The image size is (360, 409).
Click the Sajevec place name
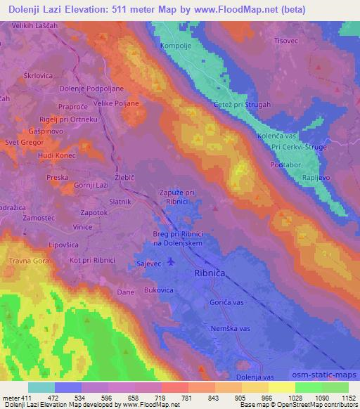pyautogui.click(x=149, y=265)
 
